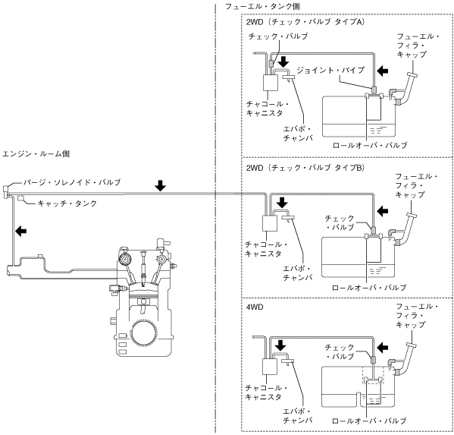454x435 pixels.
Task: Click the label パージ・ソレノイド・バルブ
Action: (x=72, y=182)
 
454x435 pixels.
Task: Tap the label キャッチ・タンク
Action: (x=67, y=203)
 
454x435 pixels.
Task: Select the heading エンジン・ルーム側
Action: (x=36, y=153)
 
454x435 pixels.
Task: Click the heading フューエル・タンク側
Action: (x=262, y=6)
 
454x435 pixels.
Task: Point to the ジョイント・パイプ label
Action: (x=330, y=70)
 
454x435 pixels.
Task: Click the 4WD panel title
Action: (x=255, y=307)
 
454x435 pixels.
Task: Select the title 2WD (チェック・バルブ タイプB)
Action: (x=305, y=168)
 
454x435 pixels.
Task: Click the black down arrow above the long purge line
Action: (x=160, y=185)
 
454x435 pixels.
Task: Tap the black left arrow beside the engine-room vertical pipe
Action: (x=21, y=231)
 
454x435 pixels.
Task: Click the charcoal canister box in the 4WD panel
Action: (x=270, y=367)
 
